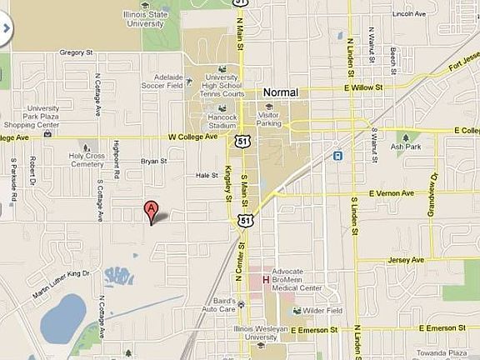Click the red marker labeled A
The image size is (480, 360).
point(151,210)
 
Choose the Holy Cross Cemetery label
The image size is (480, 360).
point(88,159)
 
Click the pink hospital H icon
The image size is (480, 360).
point(266,279)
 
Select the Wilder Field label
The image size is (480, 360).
point(321,310)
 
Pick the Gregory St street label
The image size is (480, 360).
point(75,52)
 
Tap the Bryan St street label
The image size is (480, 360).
point(153,161)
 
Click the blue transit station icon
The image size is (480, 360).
point(338,155)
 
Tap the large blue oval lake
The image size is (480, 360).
point(62,317)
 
